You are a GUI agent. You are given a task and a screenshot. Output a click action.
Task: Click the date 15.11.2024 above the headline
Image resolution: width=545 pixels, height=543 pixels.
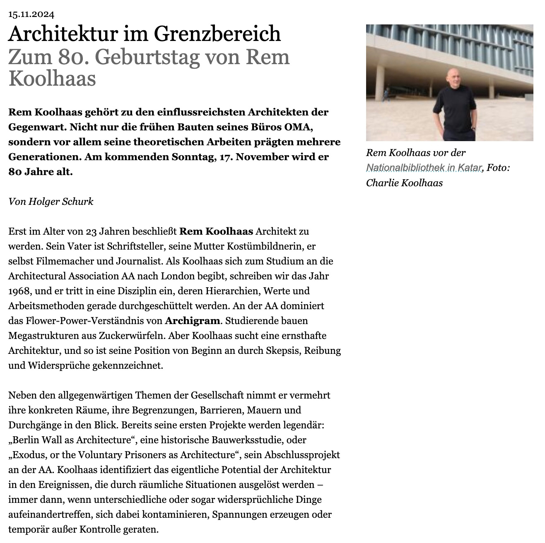click(x=31, y=15)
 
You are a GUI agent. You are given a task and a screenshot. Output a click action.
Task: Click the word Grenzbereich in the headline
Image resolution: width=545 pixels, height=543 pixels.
click(x=217, y=34)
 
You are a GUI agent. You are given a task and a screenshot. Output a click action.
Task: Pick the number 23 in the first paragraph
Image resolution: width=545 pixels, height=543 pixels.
click(x=91, y=231)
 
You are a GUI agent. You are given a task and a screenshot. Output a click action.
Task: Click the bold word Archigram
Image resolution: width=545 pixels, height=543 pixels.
click(x=193, y=321)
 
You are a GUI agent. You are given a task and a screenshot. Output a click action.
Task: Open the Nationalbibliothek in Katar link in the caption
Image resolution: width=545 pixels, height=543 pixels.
click(x=424, y=168)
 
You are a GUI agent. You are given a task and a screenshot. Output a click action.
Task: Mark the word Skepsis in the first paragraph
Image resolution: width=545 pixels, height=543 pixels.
click(x=285, y=351)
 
